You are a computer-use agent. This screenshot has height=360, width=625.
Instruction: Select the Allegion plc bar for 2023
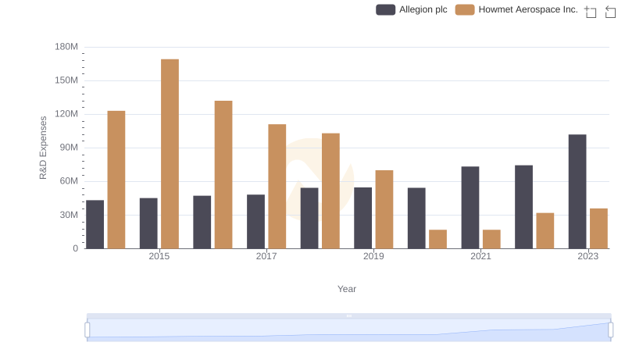(577, 191)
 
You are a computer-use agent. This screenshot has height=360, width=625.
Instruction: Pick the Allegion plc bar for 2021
(470, 208)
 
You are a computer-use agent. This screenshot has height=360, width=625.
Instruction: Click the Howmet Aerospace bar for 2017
(277, 187)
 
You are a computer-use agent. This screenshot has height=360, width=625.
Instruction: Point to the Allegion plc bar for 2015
(148, 223)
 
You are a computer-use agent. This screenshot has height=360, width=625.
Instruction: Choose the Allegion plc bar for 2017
(255, 222)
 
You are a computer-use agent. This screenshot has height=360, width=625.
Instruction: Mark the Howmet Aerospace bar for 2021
(491, 239)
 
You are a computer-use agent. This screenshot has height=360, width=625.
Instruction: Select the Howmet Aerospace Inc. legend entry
(516, 9)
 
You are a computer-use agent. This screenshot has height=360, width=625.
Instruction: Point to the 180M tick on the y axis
(66, 47)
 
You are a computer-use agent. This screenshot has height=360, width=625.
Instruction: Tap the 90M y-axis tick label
(68, 148)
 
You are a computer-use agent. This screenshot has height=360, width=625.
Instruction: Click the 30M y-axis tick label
(68, 215)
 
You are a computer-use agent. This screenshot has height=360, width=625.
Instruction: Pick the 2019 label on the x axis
(373, 256)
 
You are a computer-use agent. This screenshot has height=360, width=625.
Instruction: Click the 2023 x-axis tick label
(587, 256)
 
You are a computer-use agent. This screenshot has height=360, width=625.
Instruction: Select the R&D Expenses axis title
(44, 148)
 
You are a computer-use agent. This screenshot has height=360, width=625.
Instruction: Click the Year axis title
(347, 289)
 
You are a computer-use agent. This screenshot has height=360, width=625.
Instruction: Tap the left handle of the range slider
(87, 330)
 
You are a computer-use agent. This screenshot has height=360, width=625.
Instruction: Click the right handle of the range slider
(610, 330)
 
